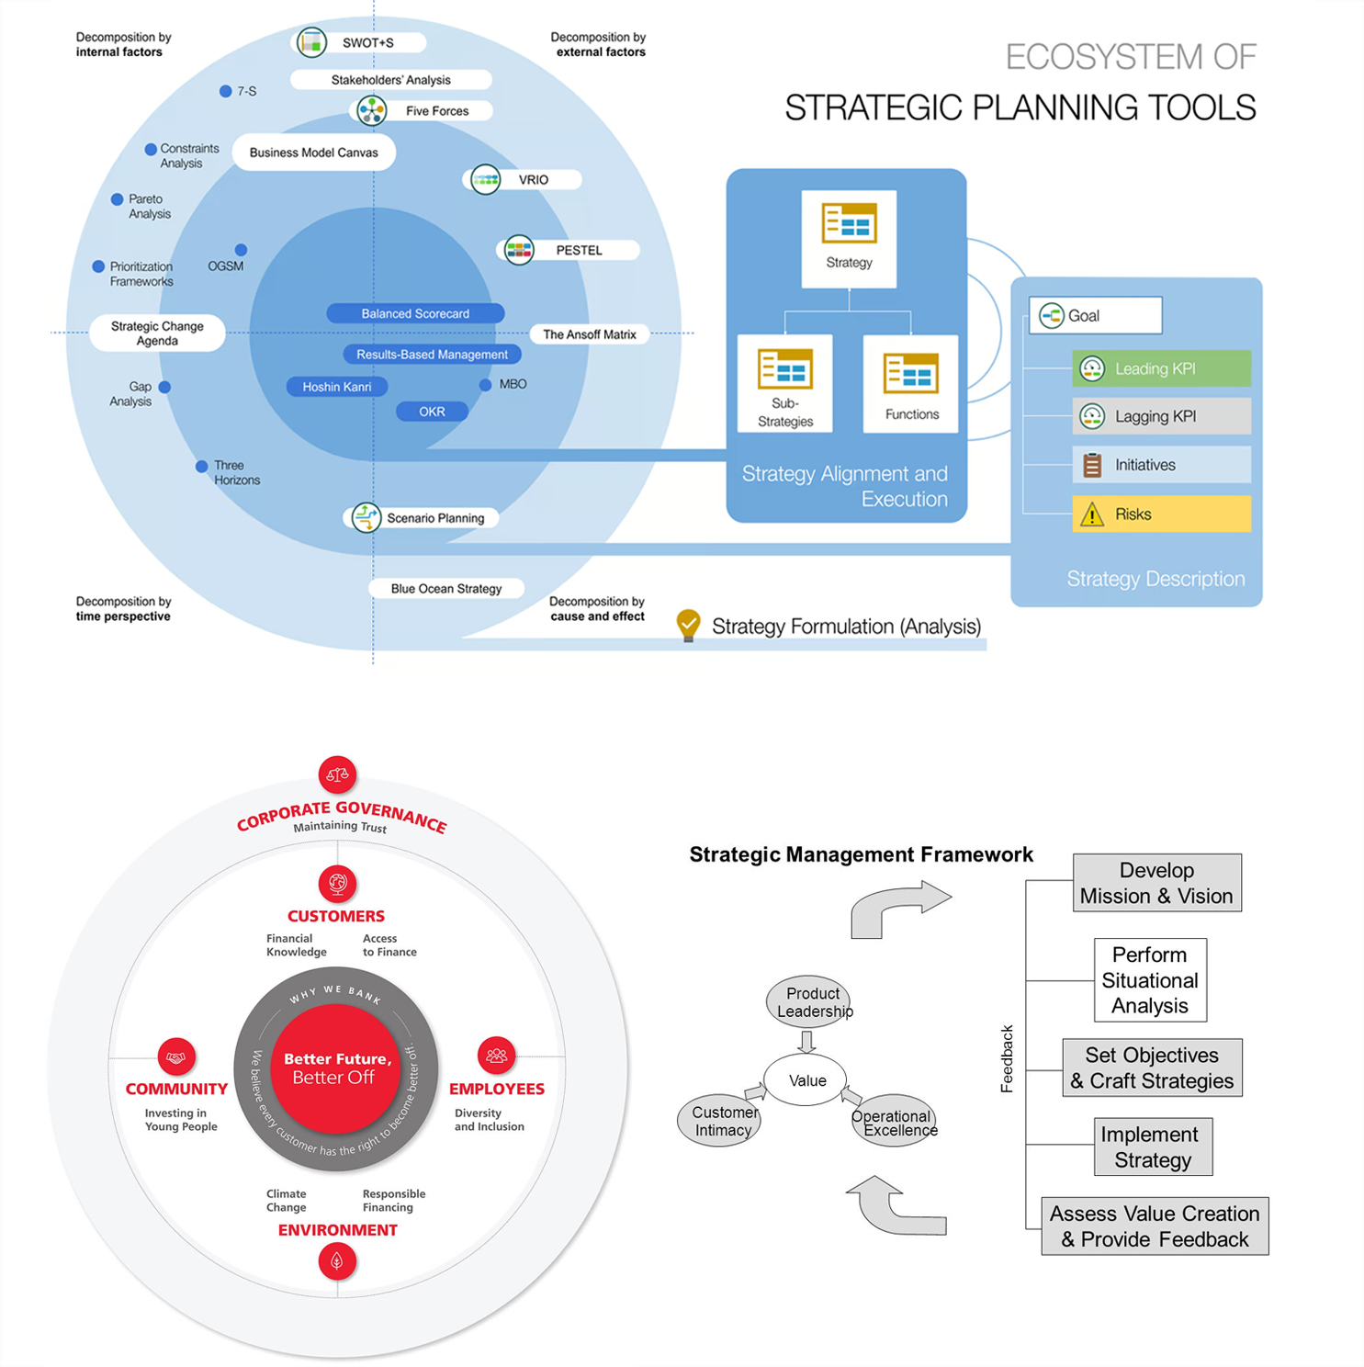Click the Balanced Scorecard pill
click(x=415, y=313)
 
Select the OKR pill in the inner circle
click(x=432, y=412)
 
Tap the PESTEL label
click(x=579, y=250)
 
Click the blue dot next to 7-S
click(x=225, y=91)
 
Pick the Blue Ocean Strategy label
click(x=446, y=589)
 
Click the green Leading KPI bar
click(x=1161, y=368)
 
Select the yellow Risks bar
click(x=1161, y=514)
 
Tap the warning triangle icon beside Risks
click(x=1092, y=514)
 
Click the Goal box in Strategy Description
click(x=1095, y=315)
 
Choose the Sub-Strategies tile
click(x=784, y=383)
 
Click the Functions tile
click(x=910, y=383)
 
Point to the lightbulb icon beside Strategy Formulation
click(x=688, y=625)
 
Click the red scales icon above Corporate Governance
click(x=337, y=774)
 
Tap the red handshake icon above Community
click(x=175, y=1056)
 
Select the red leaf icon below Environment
click(x=337, y=1261)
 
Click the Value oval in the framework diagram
click(x=806, y=1080)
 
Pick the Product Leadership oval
click(x=808, y=1002)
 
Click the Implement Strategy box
click(x=1153, y=1147)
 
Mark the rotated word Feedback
click(x=1007, y=1058)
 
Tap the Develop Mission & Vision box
click(x=1156, y=883)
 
